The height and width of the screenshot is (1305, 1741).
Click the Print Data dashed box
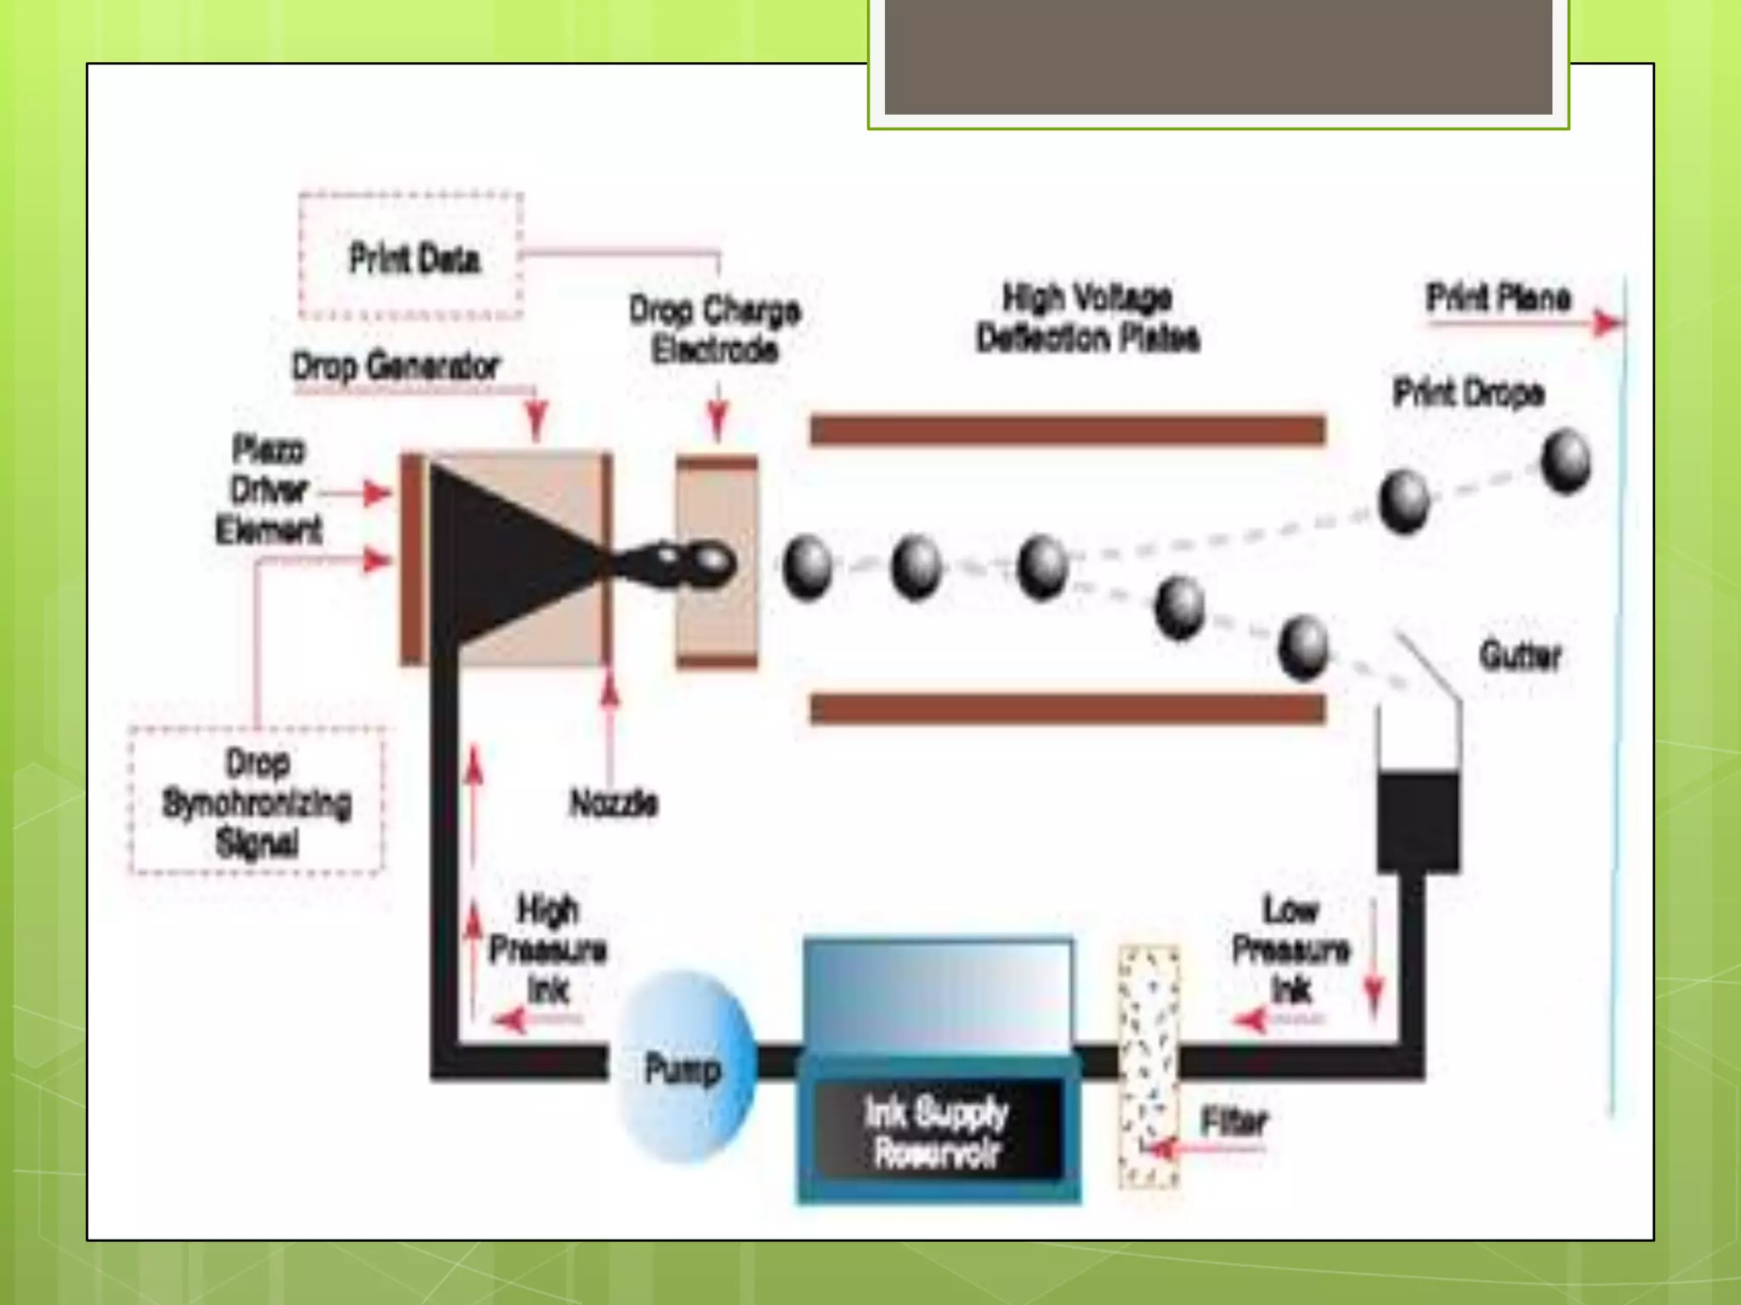click(411, 257)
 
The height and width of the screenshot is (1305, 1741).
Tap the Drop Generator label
click(396, 367)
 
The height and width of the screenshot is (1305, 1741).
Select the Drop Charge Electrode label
click(715, 330)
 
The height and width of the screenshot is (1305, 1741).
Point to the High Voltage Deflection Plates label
click(1087, 318)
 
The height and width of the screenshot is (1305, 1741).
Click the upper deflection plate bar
click(1068, 430)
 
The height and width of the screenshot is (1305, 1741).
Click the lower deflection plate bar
click(1068, 709)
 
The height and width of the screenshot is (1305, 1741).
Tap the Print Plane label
click(1498, 298)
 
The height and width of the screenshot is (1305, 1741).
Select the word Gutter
click(1520, 656)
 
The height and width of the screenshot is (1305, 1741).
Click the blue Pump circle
click(685, 1067)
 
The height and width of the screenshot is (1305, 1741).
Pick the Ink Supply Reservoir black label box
click(938, 1131)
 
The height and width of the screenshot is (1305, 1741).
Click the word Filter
click(1233, 1121)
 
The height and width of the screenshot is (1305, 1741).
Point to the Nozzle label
click(614, 803)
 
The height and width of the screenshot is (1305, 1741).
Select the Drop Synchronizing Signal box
click(257, 801)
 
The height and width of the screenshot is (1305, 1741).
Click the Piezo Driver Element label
click(269, 489)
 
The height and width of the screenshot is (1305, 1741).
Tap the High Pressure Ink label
click(548, 949)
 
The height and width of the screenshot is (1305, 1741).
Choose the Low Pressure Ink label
click(1290, 949)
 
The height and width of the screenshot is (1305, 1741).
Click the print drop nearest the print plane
click(1566, 461)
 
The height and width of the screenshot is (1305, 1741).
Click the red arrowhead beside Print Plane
click(1606, 323)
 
